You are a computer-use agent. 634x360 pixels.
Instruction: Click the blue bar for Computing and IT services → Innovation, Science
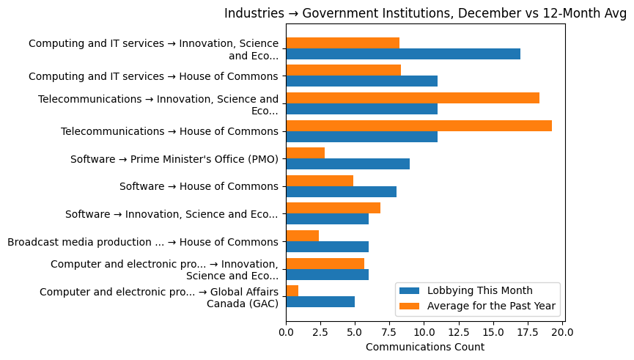(x=403, y=54)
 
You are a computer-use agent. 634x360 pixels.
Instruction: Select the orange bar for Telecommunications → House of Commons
(x=419, y=125)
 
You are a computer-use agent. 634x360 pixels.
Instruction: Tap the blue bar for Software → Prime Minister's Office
(x=347, y=164)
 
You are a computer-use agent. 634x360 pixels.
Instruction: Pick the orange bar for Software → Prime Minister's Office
(x=305, y=153)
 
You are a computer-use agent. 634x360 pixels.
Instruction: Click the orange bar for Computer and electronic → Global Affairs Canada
(x=292, y=291)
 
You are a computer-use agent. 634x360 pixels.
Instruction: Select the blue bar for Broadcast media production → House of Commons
(x=327, y=247)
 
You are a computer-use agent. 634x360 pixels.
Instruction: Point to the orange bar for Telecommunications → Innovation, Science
(x=413, y=98)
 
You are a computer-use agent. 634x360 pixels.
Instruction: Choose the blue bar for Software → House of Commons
(x=341, y=192)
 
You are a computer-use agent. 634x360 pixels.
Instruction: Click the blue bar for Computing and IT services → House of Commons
(x=361, y=81)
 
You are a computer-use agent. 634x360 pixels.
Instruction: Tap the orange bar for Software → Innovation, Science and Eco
(x=333, y=208)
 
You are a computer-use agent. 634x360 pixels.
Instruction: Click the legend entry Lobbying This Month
(x=481, y=290)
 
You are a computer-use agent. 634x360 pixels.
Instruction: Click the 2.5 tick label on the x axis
(x=320, y=332)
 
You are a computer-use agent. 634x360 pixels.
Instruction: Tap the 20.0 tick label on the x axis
(x=561, y=332)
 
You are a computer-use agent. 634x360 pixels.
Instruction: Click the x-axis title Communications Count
(x=424, y=347)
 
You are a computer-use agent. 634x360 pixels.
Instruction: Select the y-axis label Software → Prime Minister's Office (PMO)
(x=174, y=159)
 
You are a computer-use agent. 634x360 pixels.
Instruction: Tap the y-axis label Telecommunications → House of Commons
(x=169, y=131)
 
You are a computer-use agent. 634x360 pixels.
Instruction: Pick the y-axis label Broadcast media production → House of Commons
(x=143, y=242)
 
